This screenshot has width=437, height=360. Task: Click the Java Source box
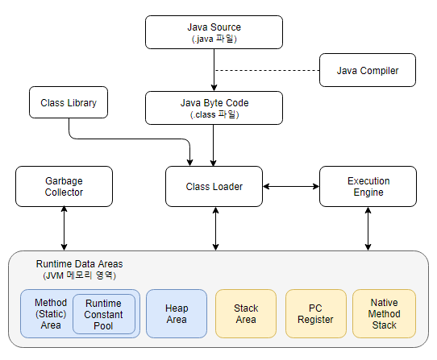[x=214, y=32]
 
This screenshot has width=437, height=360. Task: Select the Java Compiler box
[x=368, y=70]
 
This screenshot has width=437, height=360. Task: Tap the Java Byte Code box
[x=214, y=108]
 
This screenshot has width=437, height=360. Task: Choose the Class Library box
[x=69, y=102]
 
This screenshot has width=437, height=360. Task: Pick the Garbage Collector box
[x=65, y=187]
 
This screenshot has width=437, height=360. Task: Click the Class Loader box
[x=214, y=187]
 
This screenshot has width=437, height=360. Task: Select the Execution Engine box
[x=368, y=187]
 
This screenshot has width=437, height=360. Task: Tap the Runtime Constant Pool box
[x=104, y=314]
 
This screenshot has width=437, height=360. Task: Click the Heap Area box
[x=177, y=314]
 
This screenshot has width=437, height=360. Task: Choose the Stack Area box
[x=246, y=314]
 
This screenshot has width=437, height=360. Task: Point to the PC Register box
[x=316, y=314]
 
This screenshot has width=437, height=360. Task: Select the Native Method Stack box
[x=384, y=314]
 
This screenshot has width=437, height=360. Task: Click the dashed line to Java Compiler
[x=267, y=70]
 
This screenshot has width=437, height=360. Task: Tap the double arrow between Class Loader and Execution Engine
[x=291, y=186]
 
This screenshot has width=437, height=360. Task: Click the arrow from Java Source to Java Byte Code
[x=214, y=70]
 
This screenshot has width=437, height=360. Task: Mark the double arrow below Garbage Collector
[x=65, y=228]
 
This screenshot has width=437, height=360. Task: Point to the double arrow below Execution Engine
[x=368, y=228]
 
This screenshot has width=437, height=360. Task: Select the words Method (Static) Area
[x=51, y=314]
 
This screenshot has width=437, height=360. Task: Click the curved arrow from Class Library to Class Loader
[x=131, y=139]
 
